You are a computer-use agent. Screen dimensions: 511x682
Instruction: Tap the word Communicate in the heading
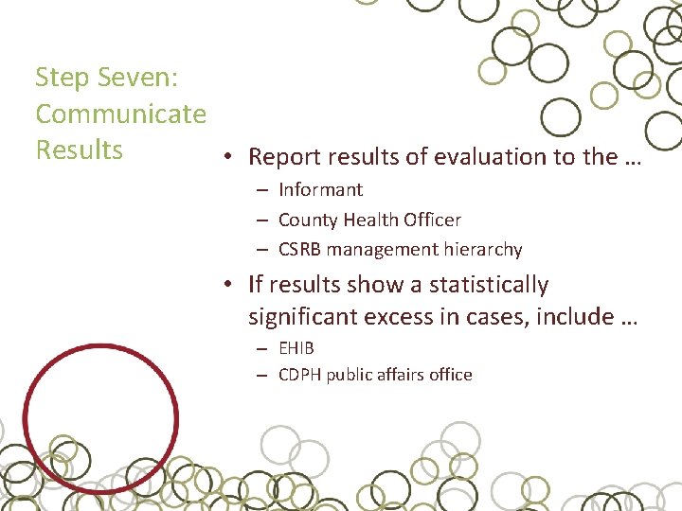point(120,115)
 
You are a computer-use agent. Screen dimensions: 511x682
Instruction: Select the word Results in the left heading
point(79,150)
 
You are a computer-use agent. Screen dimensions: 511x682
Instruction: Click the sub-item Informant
point(320,189)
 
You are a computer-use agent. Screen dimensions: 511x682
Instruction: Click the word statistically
point(489,285)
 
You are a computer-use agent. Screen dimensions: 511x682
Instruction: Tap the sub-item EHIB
point(296,347)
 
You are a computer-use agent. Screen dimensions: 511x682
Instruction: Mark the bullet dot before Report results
point(229,158)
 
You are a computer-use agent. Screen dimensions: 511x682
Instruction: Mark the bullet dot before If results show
point(229,286)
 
